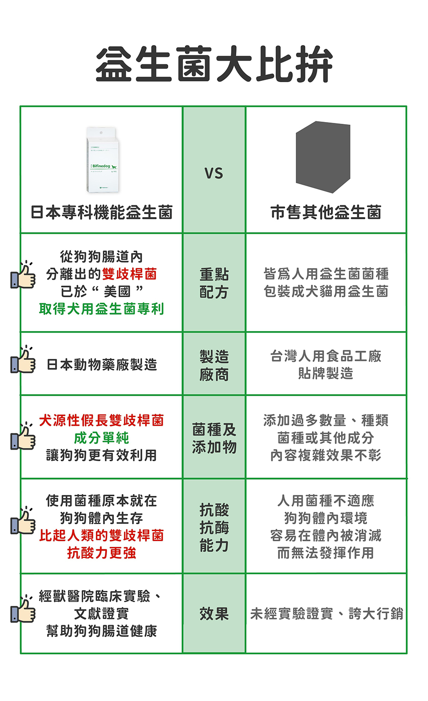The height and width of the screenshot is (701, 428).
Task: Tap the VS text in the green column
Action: coord(214,173)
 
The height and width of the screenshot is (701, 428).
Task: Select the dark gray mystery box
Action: coord(323,157)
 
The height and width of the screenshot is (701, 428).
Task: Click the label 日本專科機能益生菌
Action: coord(101,212)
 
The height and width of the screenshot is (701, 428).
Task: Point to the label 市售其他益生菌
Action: coord(326,212)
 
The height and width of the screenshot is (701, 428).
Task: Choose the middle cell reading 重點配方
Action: coord(214,283)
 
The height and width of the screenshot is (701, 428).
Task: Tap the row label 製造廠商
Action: coord(214,365)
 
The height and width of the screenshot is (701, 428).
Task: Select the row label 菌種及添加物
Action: coord(214,438)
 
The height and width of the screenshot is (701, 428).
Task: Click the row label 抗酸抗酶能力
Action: coord(214,527)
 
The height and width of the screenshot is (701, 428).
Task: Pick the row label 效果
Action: coord(214,614)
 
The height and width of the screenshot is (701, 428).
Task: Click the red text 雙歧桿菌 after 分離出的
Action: coord(129,274)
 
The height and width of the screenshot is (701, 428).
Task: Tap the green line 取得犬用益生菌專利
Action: coord(101,309)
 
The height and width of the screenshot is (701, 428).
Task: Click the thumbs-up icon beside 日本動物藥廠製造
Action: coord(23,361)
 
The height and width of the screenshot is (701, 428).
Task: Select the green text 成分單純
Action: coord(101,438)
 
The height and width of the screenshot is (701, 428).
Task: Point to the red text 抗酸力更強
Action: coord(101,553)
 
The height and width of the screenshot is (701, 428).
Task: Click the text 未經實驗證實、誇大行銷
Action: coord(326,614)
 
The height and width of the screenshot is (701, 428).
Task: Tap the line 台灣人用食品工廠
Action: coord(326,356)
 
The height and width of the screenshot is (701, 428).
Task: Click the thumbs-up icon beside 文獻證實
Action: coord(23,610)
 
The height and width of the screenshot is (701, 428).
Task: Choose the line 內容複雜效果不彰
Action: coord(326,455)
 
